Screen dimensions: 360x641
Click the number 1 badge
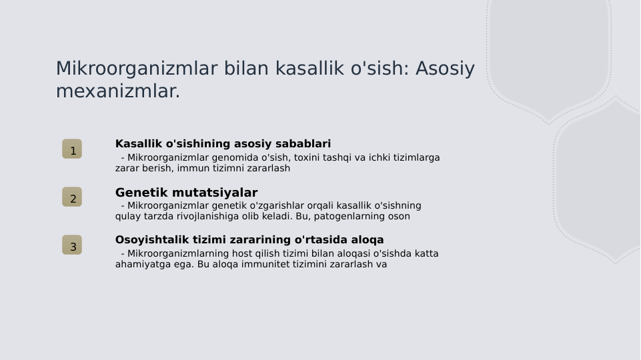coord(72,149)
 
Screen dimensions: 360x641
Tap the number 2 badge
coord(72,197)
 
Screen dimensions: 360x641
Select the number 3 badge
coord(72,245)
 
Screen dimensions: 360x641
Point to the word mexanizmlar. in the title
coord(118,91)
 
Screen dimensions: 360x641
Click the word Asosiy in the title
coord(445,69)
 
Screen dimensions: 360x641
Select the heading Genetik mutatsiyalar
coord(186,193)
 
